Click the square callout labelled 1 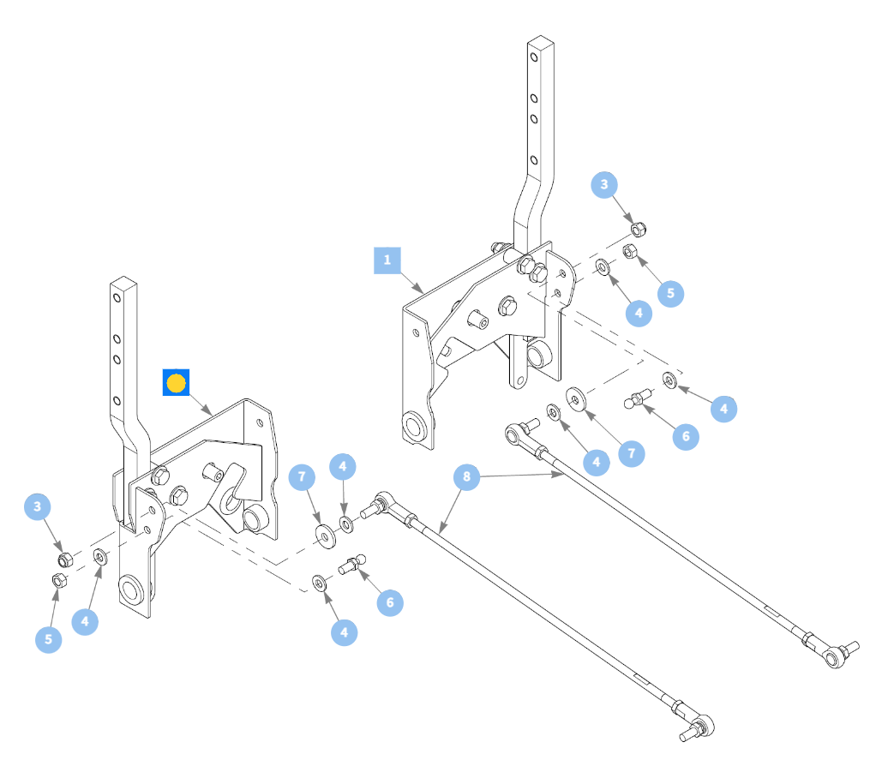[387, 260]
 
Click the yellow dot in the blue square [176, 383]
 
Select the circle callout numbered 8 [466, 477]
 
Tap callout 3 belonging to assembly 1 [604, 185]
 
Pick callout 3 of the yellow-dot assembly [38, 507]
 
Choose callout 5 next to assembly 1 [670, 294]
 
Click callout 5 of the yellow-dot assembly [49, 639]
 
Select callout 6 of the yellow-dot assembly [390, 602]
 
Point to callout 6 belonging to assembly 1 [686, 437]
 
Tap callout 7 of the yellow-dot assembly [302, 477]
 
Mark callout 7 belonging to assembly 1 [632, 453]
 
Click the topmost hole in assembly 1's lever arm [535, 57]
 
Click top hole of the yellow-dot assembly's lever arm [117, 297]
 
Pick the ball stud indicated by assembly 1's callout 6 [638, 398]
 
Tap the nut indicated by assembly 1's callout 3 [638, 229]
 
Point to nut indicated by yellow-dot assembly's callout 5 [59, 580]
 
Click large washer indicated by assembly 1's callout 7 [576, 399]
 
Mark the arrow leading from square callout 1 [411, 283]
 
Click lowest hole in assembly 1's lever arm [534, 160]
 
